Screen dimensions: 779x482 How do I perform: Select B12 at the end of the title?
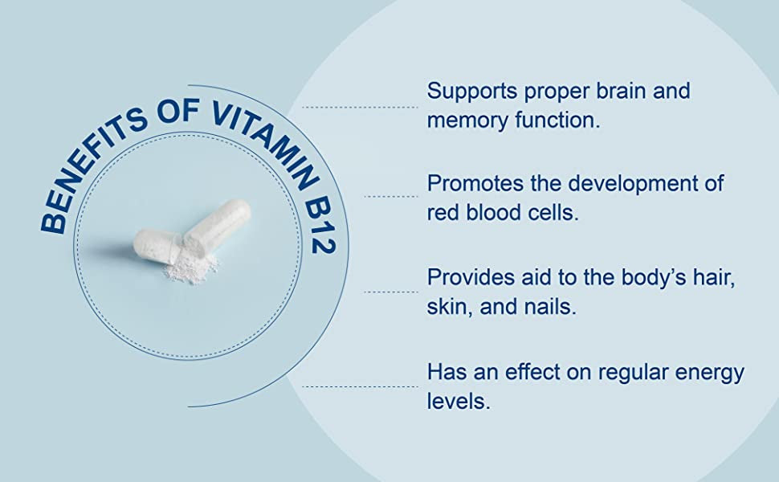[320, 226]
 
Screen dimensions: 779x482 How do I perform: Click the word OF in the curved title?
[178, 110]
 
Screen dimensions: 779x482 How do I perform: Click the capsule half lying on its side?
[156, 246]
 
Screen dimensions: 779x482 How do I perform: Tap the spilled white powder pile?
[191, 268]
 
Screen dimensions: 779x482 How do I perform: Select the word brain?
[621, 91]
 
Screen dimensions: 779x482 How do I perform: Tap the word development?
[632, 185]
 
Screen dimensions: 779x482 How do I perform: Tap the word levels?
[459, 401]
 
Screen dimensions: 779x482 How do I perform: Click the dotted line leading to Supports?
[361, 107]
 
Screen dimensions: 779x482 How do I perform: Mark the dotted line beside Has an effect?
[361, 386]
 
